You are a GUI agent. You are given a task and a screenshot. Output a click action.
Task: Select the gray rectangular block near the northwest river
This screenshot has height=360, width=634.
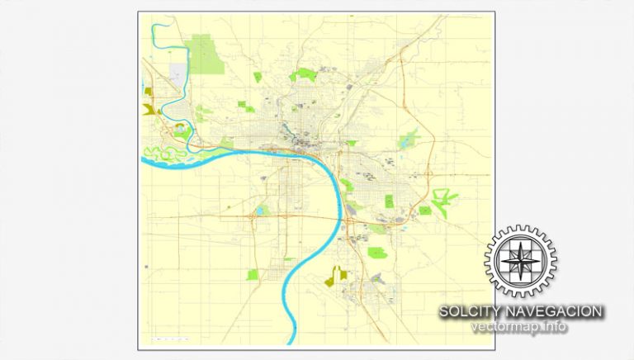177,73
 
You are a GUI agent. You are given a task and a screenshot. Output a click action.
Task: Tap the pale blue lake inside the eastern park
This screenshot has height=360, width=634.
405,142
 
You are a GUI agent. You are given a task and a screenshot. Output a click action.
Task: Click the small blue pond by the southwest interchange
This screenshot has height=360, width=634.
260,211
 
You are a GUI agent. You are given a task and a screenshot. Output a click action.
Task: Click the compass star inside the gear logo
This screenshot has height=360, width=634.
521,258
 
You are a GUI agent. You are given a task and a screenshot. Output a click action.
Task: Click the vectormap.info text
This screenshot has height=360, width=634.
519,327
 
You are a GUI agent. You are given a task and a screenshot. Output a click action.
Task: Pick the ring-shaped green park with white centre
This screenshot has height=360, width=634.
180,130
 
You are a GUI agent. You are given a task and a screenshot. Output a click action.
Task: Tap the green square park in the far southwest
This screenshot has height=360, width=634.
252,274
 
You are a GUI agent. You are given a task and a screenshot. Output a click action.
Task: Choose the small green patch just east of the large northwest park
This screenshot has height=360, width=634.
258,77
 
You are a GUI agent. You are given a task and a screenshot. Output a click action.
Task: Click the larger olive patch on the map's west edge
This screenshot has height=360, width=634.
150,108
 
